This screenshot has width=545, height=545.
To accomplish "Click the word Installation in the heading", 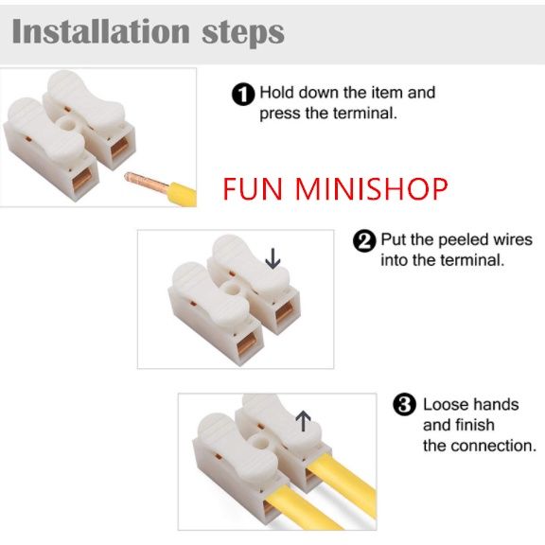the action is pos(101,31).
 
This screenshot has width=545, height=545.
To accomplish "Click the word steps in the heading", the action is pos(243,34).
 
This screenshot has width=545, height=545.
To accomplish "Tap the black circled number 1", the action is pos(243,94).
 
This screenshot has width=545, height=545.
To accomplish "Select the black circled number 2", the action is pos(364,241).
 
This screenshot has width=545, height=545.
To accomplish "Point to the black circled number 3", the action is pos(404,405).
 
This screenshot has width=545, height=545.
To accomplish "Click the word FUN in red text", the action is pos(253,188).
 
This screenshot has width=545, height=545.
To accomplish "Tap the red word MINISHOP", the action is pos(372,188).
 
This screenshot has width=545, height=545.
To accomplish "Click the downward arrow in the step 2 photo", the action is pos(272,258).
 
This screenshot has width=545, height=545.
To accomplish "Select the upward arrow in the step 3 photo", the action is pos(303,421).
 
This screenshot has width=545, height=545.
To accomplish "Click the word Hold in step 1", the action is pos(277,93).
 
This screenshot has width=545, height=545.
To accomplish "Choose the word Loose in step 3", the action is pos(446,405).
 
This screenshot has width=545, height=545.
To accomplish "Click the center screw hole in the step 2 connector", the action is pos(231,289).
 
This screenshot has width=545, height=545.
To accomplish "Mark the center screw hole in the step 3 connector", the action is pos(258,443).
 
